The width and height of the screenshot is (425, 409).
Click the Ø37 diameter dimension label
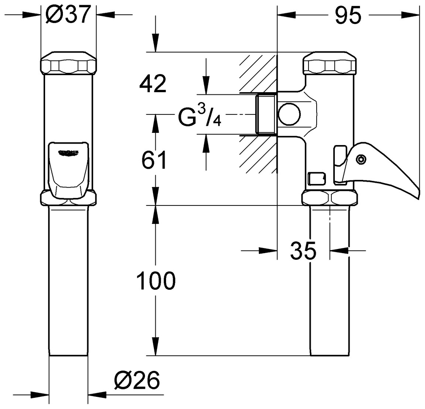pos(68,16)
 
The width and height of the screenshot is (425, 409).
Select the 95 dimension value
pos(348,16)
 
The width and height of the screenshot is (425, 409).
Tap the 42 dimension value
pos(152,84)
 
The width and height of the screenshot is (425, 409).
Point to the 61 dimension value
pos(155,160)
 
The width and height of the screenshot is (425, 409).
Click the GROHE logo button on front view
pos(69,152)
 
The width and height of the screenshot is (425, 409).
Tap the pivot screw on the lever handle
pos(360,159)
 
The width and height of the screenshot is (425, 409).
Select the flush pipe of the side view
pos(329,281)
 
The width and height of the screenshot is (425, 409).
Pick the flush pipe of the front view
pos(69,281)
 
